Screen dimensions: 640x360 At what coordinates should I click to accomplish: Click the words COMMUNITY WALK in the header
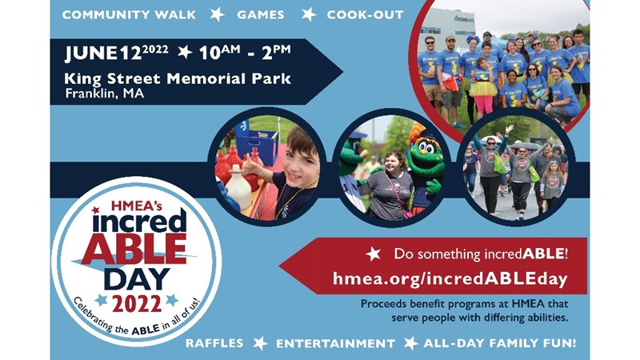coord(129,14)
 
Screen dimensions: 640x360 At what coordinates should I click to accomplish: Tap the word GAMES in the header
coord(261,14)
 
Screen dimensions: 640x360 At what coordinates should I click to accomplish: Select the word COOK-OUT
coord(365,14)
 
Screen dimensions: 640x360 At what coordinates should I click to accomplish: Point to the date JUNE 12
coord(103,53)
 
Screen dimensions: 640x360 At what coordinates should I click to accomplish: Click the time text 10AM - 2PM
coord(245,52)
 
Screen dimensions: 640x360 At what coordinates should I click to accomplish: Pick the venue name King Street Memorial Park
coord(178,78)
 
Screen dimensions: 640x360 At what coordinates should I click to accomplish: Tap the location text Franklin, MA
coord(105,94)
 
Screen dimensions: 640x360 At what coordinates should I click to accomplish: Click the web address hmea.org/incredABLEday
coord(450,279)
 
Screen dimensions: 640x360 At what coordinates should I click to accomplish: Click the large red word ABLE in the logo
coord(134,249)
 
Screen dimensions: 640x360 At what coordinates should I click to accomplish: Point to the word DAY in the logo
coord(137,279)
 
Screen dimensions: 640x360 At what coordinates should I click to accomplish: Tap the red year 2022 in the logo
coord(137,303)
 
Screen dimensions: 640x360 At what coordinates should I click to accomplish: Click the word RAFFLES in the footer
coord(214,343)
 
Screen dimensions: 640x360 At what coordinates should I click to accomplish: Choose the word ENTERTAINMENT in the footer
coord(335,343)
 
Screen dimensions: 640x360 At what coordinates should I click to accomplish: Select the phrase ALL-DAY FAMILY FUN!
coord(499,343)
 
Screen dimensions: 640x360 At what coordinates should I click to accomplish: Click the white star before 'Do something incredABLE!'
coord(373,254)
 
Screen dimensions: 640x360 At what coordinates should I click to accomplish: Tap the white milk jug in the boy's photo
coord(239,188)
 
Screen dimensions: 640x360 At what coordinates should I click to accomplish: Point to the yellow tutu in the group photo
coord(483,88)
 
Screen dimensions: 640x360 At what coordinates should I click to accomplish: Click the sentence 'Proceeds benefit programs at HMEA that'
coord(464,304)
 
